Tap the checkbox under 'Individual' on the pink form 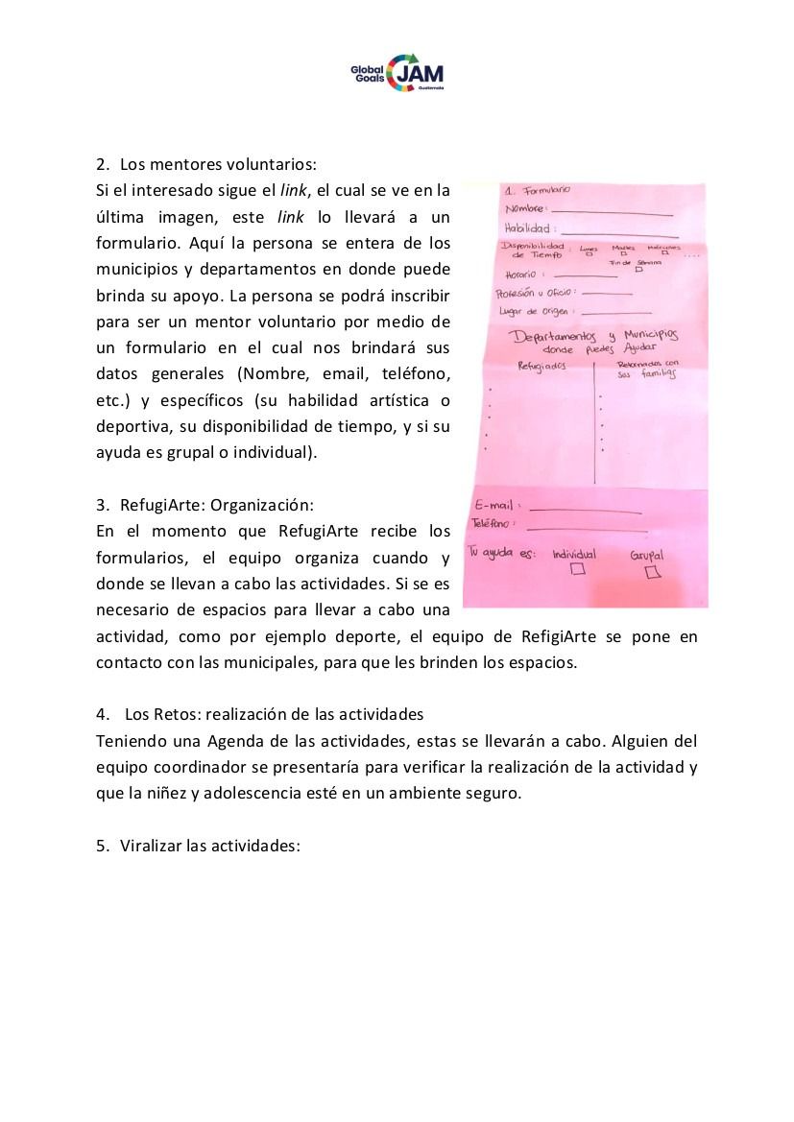click(x=578, y=569)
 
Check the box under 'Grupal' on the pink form click(x=654, y=572)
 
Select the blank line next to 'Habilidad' click(x=619, y=233)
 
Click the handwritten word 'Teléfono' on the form click(x=493, y=524)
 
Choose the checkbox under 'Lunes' click(x=589, y=255)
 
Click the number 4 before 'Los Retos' click(x=102, y=715)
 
